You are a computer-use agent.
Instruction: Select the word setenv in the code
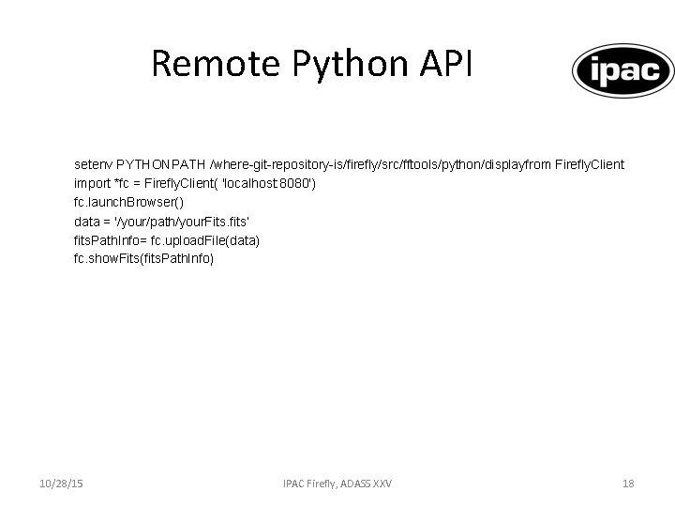coord(93,164)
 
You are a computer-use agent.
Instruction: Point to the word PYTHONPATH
coord(155,164)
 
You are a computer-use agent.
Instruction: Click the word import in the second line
coord(91,183)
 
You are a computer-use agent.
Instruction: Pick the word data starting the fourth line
coord(86,222)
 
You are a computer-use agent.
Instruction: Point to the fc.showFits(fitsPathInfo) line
coord(143,259)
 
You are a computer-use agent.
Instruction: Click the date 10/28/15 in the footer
coord(60,484)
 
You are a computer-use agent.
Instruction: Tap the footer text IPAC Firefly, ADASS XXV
coord(337,484)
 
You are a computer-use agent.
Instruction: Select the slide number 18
coord(628,484)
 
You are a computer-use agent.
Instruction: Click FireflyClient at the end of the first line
coord(590,164)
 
